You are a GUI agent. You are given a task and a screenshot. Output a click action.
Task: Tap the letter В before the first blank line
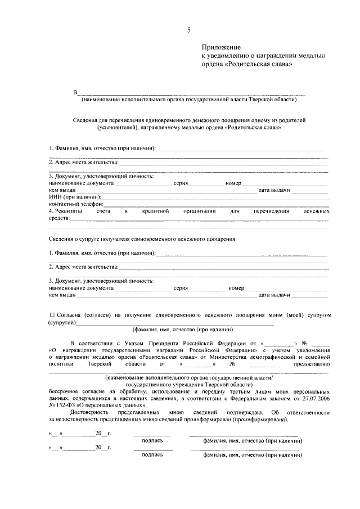(x=74, y=92)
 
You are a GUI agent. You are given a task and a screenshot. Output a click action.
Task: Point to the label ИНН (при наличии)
(x=75, y=197)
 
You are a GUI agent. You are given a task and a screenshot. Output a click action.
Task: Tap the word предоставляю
(x=312, y=363)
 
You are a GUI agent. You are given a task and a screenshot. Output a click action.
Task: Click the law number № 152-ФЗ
(x=64, y=404)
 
